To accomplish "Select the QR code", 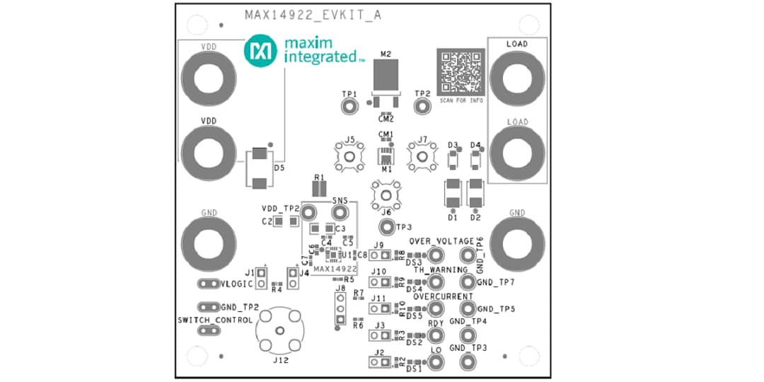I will click(461, 72).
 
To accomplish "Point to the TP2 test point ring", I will click(422, 106).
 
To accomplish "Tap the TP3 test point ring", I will click(386, 227).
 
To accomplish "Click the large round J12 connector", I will click(280, 331).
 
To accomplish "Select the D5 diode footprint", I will click(260, 168).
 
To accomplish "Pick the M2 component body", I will click(386, 75).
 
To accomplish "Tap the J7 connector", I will click(422, 157).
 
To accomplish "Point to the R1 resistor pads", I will click(318, 189).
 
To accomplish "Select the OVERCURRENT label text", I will click(444, 296).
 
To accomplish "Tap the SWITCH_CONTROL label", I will click(215, 320).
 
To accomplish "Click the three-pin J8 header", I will click(340, 309).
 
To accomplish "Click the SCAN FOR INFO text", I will click(461, 100).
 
